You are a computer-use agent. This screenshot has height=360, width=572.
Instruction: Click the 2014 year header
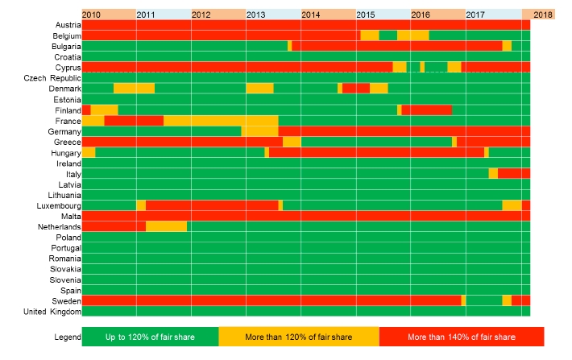[311, 15]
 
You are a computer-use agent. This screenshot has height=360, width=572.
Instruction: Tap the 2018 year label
[543, 15]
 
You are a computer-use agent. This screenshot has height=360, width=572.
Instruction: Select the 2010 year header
[92, 15]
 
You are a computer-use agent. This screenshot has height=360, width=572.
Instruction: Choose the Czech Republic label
[52, 78]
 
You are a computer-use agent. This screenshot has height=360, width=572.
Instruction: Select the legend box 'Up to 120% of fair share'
[150, 337]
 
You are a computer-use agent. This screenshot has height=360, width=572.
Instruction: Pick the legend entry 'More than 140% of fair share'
[462, 337]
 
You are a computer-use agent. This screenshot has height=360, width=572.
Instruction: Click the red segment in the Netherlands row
[114, 226]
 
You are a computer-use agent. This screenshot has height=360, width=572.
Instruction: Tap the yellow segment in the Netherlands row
[166, 226]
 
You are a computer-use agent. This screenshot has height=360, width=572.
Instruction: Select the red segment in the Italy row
[514, 173]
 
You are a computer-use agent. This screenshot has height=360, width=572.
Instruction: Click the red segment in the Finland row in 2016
[427, 110]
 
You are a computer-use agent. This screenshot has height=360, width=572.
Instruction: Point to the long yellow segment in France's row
[221, 121]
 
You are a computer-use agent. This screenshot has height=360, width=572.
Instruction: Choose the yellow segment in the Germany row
[259, 131]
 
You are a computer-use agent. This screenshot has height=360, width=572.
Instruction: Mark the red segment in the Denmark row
[356, 88]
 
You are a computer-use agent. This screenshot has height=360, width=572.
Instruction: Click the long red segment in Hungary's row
[376, 152]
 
